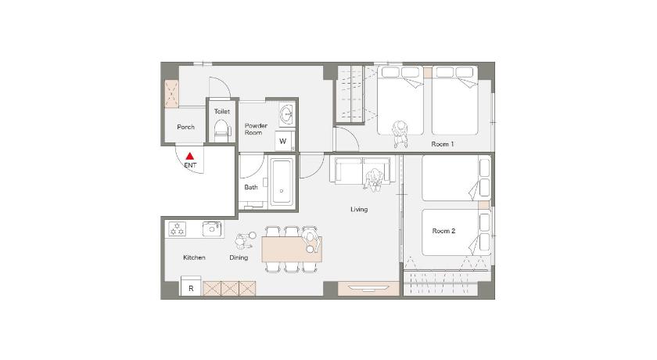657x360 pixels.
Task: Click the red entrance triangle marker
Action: click(x=190, y=157)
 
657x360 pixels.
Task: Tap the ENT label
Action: click(x=190, y=166)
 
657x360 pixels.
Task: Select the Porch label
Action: click(x=185, y=127)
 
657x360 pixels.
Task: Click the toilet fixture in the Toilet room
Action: click(x=222, y=131)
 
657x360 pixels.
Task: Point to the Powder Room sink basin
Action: click(x=287, y=113)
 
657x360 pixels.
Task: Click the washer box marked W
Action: click(x=284, y=141)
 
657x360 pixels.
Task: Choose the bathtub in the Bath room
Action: click(x=282, y=182)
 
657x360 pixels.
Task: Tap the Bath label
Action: click(x=251, y=187)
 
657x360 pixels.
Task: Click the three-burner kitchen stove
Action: click(x=178, y=229)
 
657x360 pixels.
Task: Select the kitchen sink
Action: click(x=212, y=229)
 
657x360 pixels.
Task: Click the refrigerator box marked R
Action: click(x=191, y=286)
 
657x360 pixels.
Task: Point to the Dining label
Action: click(x=239, y=257)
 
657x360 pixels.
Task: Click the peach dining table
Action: click(x=292, y=250)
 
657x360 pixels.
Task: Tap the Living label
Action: click(x=359, y=209)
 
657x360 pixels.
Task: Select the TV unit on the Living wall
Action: click(x=368, y=289)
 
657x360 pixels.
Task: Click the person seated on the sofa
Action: click(x=374, y=179)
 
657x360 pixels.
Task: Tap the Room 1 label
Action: click(x=443, y=144)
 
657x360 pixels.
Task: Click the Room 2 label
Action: click(x=443, y=231)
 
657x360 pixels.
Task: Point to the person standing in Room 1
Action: click(x=400, y=134)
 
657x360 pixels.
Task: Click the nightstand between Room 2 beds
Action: click(x=484, y=205)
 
